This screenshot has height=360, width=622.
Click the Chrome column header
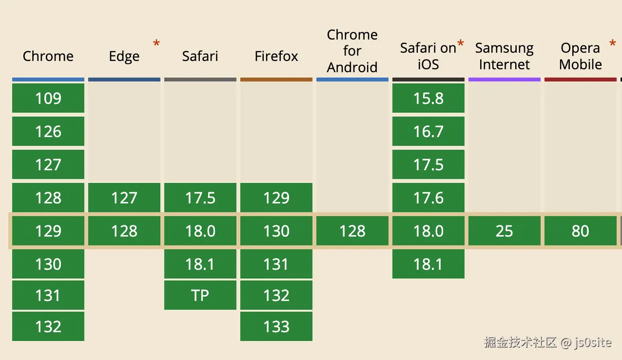[48, 56]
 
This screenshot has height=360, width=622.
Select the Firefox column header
[276, 56]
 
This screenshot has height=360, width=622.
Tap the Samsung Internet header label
[504, 56]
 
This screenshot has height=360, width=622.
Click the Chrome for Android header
[352, 51]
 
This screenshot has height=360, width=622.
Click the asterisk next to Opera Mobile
[612, 45]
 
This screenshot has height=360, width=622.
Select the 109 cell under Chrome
[48, 98]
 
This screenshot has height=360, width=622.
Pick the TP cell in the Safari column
[200, 295]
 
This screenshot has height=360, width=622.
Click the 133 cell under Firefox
[276, 326]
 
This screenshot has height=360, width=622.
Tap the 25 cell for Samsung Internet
[504, 231]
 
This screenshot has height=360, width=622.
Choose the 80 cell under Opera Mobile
[580, 231]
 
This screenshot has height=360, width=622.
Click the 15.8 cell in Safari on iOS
[428, 98]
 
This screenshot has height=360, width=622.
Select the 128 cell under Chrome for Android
[352, 231]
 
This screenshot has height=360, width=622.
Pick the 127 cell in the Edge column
[124, 198]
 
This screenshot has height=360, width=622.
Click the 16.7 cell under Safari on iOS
[428, 131]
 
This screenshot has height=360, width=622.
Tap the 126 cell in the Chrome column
[48, 131]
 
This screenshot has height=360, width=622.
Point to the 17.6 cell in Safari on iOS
[428, 198]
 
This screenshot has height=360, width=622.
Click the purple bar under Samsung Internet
[504, 79]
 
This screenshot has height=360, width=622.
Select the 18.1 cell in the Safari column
[200, 264]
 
